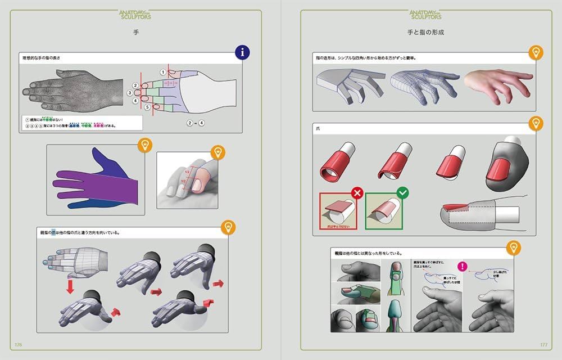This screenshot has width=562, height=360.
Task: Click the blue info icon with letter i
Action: (242, 53)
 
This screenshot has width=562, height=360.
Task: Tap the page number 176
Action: (19, 344)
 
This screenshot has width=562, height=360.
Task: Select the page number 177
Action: (543, 344)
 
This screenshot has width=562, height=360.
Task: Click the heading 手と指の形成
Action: (425, 32)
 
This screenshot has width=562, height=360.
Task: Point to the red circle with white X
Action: (357, 194)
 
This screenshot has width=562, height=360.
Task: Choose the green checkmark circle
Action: (402, 193)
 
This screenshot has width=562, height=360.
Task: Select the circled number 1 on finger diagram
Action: (163, 72)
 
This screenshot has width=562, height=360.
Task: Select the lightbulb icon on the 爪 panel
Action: (536, 123)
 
